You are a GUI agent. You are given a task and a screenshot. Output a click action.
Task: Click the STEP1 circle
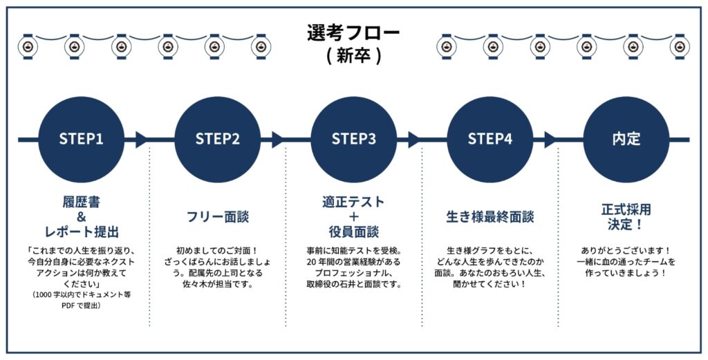(x=81, y=139)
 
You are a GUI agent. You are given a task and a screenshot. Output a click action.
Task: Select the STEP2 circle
(x=217, y=139)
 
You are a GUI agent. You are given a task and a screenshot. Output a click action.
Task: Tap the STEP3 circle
(x=353, y=139)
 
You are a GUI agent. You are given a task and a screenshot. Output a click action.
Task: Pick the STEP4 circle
(x=490, y=139)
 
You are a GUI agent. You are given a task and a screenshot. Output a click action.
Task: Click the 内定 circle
(x=626, y=139)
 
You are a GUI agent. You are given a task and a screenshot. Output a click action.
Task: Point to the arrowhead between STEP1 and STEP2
(x=142, y=139)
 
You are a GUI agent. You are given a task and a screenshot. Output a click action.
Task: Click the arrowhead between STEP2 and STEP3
(x=278, y=139)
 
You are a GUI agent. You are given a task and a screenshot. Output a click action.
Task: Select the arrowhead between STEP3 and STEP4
(x=414, y=139)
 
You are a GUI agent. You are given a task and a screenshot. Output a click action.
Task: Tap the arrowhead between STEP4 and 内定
(x=550, y=139)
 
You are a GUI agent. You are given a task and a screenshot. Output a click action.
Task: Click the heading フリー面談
(x=217, y=217)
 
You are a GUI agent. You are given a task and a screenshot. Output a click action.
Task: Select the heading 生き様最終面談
(x=490, y=217)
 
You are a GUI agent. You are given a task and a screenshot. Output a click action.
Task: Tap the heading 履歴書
(x=81, y=202)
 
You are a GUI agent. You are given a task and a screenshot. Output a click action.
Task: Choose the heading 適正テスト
(x=353, y=202)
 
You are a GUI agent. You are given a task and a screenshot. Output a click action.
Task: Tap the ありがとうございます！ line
(x=626, y=251)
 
